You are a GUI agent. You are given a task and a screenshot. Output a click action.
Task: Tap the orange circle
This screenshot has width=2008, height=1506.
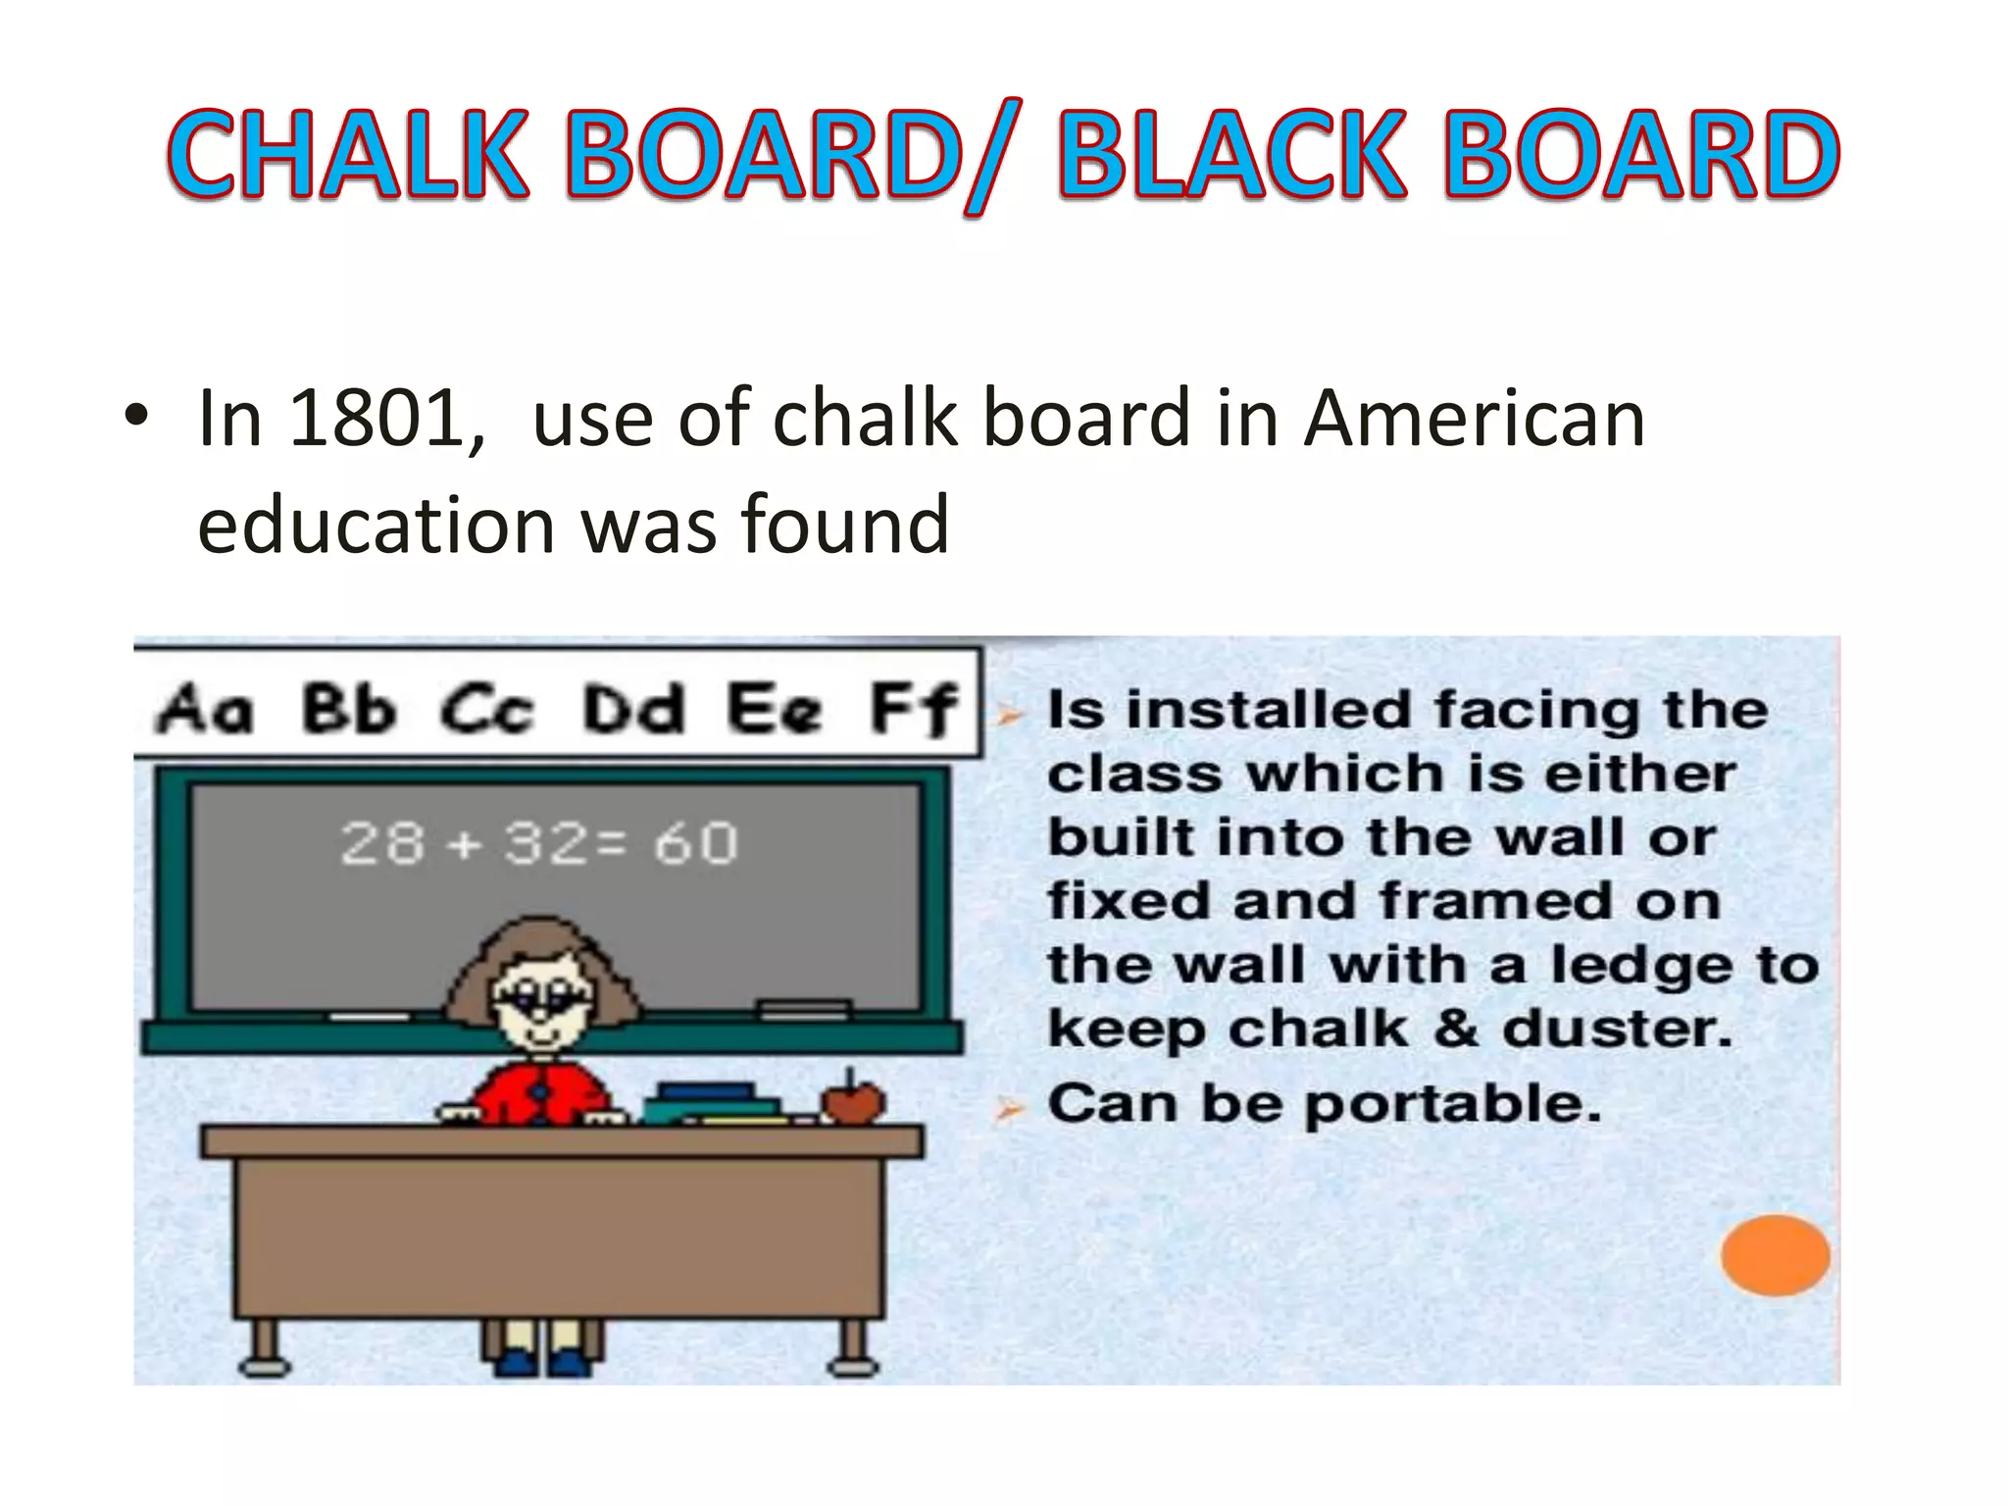[x=1775, y=1255]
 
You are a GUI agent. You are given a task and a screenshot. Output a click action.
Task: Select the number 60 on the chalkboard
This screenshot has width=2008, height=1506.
[x=695, y=843]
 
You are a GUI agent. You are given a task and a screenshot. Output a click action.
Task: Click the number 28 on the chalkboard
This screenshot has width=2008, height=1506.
[x=382, y=843]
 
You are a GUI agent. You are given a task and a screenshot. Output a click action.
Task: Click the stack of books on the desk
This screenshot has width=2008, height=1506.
[x=711, y=1103]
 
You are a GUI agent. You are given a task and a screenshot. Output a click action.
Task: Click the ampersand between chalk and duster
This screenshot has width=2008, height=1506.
[x=1455, y=1029]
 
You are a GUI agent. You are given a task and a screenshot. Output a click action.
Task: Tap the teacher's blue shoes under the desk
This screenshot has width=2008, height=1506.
[x=543, y=1363]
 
